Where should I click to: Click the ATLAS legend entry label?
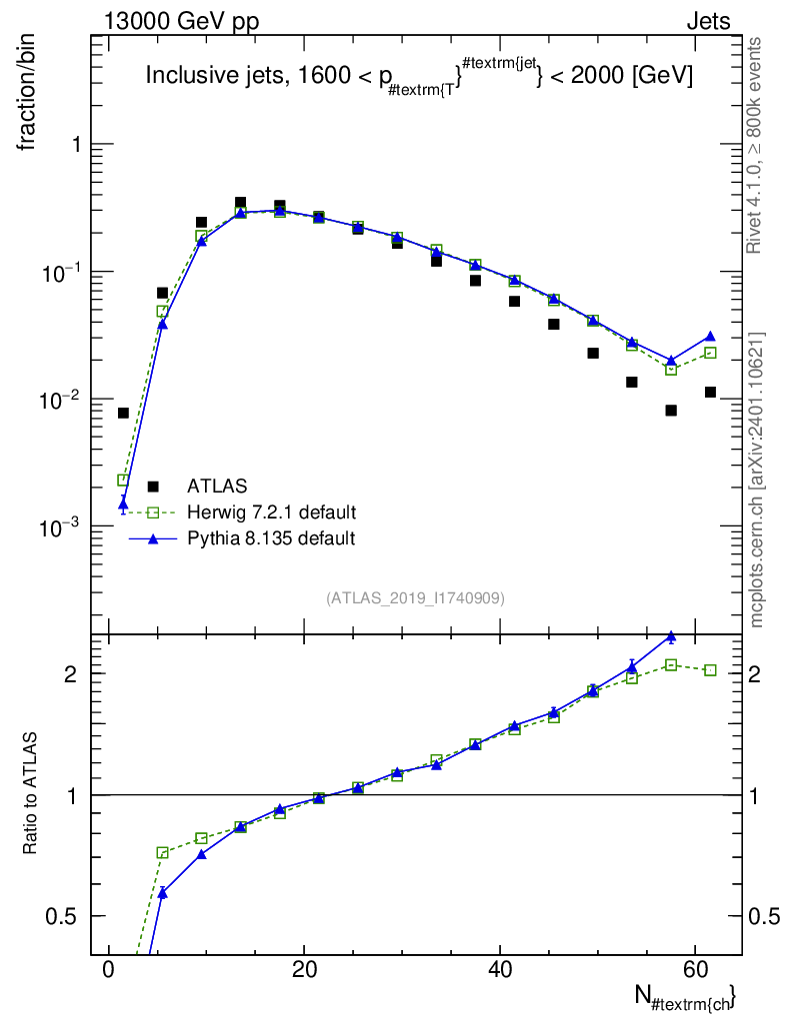point(217,487)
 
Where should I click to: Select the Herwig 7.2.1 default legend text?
point(272,512)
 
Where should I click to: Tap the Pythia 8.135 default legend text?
point(271,538)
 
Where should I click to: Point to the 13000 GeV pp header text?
point(181,21)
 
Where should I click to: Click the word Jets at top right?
point(708,21)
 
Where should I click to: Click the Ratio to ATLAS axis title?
point(30,793)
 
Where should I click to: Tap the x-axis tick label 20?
point(304,969)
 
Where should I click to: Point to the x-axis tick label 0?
point(108,969)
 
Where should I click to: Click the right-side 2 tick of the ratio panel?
point(754,673)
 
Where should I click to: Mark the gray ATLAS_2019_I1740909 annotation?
point(415,597)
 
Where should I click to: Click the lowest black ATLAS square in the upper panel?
point(123,413)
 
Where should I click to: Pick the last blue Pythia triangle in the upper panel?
point(710,336)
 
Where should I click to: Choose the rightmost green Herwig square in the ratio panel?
point(710,670)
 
